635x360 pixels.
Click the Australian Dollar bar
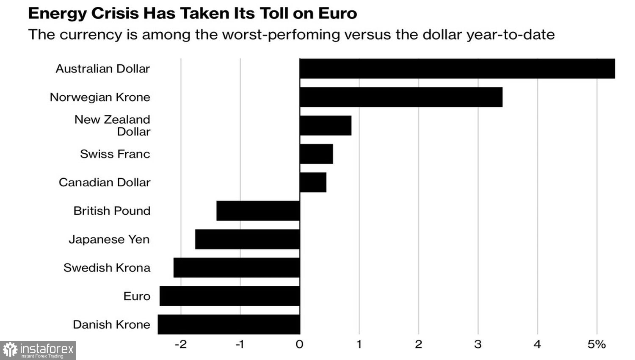[x=457, y=69]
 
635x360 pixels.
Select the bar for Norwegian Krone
[x=401, y=97]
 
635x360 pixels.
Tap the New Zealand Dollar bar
[x=325, y=125]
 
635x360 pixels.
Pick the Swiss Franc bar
[x=316, y=154]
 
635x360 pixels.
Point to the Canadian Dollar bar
[x=312, y=182]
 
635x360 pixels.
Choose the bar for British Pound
[x=258, y=210]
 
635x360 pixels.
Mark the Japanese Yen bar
[x=247, y=239]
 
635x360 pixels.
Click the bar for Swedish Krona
[x=236, y=268]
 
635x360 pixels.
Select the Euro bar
[x=229, y=296]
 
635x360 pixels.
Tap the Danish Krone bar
[x=229, y=324]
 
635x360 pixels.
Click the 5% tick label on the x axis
[x=596, y=344]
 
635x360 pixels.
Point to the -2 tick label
[x=180, y=344]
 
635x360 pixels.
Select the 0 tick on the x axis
[x=299, y=344]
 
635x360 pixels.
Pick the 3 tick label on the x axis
[x=478, y=344]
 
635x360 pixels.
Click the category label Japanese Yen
[x=109, y=239]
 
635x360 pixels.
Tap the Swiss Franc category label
[x=115, y=154]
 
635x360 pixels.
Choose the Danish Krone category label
[x=112, y=324]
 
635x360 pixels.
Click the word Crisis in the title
[x=116, y=14]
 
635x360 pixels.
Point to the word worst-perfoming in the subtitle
[x=281, y=34]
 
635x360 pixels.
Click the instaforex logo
[x=38, y=350]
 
